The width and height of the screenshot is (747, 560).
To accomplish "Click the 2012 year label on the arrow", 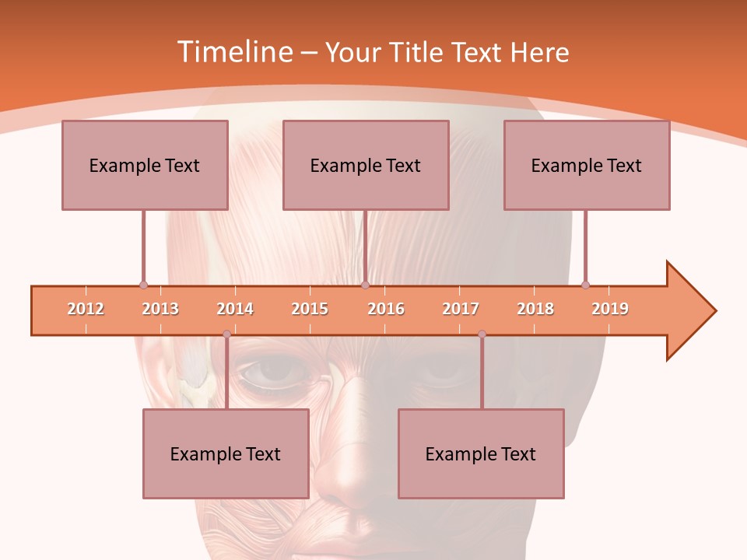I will coord(86,309).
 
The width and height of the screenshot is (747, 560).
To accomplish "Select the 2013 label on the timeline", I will coord(160,309).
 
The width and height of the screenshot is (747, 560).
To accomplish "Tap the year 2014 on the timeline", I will coord(235,309).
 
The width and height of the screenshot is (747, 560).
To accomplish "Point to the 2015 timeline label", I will coord(310,309).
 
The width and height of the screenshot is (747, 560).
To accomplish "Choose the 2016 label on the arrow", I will coord(386,309).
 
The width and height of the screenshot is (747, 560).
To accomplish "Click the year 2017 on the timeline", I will coord(461,309).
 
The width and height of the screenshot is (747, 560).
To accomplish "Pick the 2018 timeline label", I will coord(535,309).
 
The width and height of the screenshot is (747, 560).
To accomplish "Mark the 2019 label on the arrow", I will coord(610,309).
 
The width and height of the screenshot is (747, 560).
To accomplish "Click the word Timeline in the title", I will coord(232,52).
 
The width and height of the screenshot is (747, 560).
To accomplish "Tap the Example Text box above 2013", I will coord(145,165).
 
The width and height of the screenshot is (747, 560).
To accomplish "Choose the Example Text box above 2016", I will coord(366,165).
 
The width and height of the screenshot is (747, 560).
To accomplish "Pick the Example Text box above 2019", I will coord(587,165).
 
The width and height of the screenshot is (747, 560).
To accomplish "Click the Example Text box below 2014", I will coord(226,453).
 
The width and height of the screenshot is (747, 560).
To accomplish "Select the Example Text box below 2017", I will coord(481,453).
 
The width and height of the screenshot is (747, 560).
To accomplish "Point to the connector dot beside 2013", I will coord(143,285).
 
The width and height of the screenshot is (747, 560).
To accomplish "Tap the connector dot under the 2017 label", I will coord(482,334).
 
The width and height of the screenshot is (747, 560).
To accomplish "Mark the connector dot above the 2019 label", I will coord(585,285).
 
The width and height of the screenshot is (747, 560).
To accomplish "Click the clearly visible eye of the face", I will coord(272,373).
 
